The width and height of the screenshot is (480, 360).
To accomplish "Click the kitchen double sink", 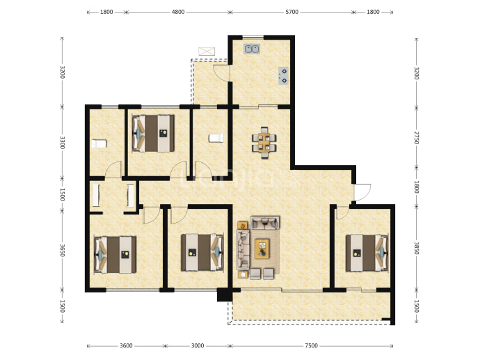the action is click(x=252, y=49).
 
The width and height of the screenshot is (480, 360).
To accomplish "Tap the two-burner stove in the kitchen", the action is click(x=283, y=76).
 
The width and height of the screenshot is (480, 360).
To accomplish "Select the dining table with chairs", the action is click(x=264, y=143).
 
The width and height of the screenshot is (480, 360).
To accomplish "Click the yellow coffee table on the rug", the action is click(x=262, y=249).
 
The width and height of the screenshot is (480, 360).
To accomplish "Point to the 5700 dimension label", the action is click(x=291, y=12).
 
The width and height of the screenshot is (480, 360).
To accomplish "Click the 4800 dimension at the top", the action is click(x=178, y=12).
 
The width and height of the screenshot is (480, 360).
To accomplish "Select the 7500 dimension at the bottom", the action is click(x=311, y=345).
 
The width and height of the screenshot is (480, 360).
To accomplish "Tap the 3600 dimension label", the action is click(x=126, y=345).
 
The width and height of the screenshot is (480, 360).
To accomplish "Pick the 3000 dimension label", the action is click(x=198, y=345).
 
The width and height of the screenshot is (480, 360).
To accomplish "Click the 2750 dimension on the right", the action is click(x=416, y=138).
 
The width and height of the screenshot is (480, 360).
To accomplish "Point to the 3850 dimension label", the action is click(x=416, y=248).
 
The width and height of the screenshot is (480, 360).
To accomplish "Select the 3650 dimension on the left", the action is click(x=62, y=250).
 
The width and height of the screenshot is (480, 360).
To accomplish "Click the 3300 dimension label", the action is click(x=62, y=143).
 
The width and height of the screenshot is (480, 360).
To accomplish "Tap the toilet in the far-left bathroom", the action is click(x=99, y=143).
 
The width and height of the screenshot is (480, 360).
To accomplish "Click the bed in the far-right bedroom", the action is click(x=367, y=253).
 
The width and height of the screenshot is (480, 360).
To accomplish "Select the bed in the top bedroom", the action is click(x=153, y=133).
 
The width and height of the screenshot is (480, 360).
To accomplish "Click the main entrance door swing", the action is click(x=362, y=192).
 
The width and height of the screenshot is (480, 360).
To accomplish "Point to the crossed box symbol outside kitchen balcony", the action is click(x=207, y=51).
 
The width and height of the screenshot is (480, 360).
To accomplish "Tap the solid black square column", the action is click(x=225, y=295).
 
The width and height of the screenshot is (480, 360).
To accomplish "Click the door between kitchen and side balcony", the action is click(x=222, y=73).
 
